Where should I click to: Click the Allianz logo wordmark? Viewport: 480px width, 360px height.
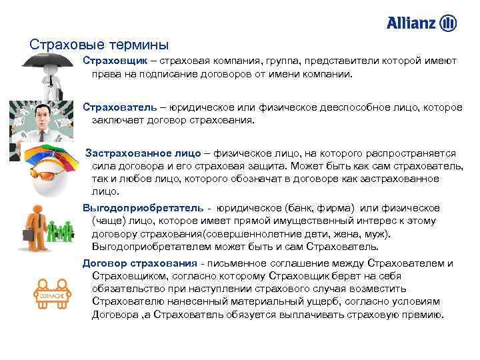(411, 23)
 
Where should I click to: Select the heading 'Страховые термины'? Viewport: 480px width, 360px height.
(99, 45)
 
